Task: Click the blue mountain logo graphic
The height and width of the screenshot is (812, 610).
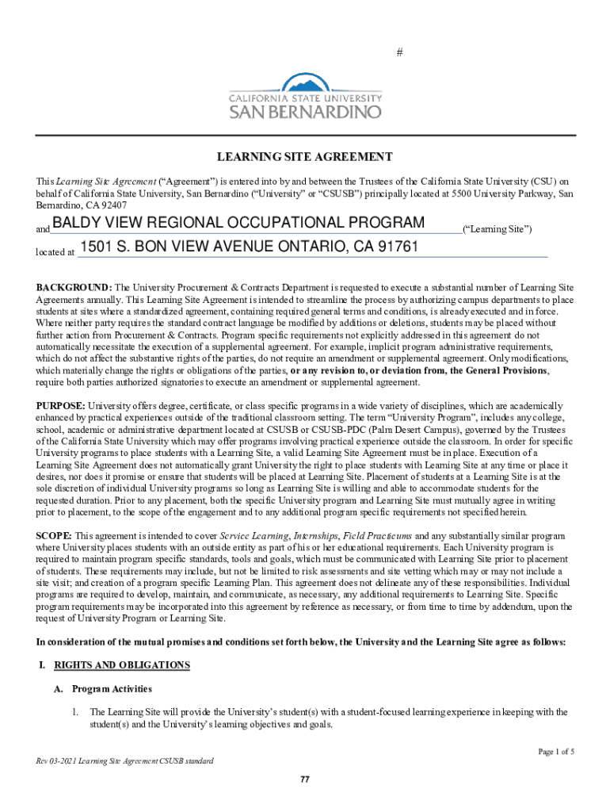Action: click(305, 83)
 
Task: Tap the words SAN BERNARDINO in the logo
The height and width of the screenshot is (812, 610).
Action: click(305, 113)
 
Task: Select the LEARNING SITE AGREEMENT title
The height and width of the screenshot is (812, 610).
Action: click(305, 157)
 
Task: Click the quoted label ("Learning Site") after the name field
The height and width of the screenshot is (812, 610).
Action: click(497, 229)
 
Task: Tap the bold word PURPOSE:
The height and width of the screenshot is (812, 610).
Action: click(62, 406)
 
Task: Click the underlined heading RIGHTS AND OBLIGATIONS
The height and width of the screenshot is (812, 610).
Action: click(121, 665)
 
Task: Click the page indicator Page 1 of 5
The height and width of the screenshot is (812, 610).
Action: click(556, 751)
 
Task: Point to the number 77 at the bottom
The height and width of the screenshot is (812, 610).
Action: click(305, 779)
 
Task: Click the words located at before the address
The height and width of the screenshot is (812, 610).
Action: click(55, 252)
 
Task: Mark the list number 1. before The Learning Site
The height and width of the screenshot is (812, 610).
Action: click(75, 712)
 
